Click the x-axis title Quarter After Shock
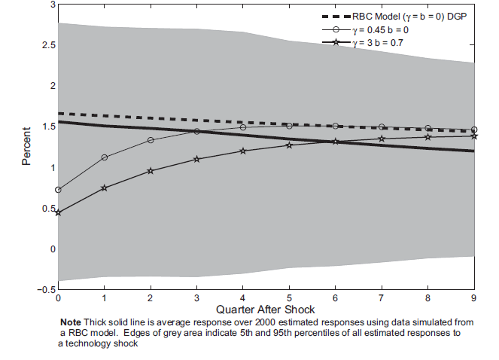pos(266,309)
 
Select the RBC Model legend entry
pos(410,16)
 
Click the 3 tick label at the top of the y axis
pos(52,5)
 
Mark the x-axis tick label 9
pos(473,298)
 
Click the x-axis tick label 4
pos(242,298)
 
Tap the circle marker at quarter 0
pos(58,190)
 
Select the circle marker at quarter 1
pos(104,157)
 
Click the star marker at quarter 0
pos(58,212)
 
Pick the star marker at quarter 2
pos(151,171)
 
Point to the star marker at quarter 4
pos(242,151)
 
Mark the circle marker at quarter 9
pos(473,130)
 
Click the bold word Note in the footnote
pos(82,321)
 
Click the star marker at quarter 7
pos(382,139)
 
